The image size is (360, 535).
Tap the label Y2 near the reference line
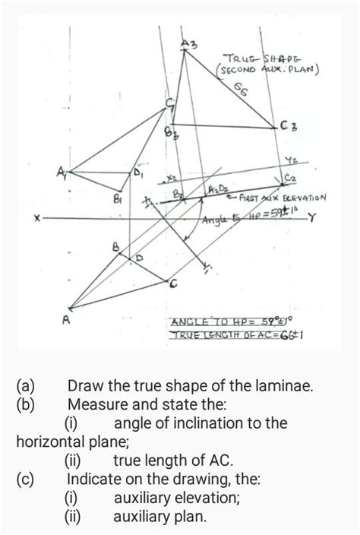[x=292, y=160]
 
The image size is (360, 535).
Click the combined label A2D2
[x=216, y=188]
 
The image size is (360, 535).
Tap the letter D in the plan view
[x=139, y=259]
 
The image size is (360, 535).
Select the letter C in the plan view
[x=174, y=285]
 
